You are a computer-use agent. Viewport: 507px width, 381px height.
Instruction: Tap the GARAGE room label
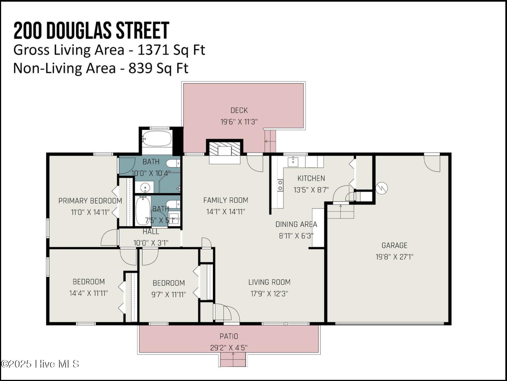[x=394, y=245]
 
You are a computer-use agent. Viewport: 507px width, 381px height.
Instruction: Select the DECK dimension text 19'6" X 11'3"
[x=239, y=122]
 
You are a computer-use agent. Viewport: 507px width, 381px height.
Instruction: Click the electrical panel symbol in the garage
[x=381, y=188]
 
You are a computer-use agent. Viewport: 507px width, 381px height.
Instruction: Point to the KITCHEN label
[x=311, y=178]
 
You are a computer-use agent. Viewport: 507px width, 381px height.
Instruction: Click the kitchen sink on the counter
[x=293, y=162]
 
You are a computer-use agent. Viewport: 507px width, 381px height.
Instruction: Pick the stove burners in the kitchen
[x=280, y=185]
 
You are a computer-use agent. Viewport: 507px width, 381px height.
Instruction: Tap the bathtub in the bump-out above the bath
[x=157, y=139]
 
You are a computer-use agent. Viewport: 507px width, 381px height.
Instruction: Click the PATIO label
[x=229, y=336]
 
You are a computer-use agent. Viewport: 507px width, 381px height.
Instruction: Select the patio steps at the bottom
[x=233, y=359]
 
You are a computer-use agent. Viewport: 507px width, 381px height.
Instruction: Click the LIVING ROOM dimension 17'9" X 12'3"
[x=269, y=294]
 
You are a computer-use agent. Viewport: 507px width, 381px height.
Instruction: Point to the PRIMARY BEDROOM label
[x=90, y=201]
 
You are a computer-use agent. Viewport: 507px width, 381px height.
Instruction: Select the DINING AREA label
[x=296, y=224]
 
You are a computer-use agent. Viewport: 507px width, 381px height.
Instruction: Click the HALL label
[x=151, y=232]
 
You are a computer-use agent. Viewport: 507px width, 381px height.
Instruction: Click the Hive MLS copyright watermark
[x=40, y=364]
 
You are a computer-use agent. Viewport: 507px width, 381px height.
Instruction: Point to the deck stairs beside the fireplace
[x=270, y=141]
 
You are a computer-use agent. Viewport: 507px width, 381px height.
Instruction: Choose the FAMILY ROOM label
[x=226, y=200]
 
